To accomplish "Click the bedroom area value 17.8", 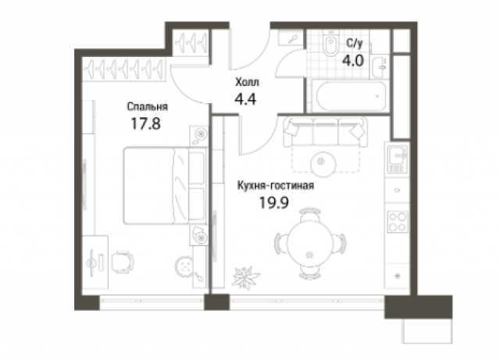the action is click(x=145, y=123).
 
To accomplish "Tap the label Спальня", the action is click(x=148, y=106).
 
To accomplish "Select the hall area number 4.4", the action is click(x=245, y=99).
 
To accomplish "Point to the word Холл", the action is click(x=247, y=82).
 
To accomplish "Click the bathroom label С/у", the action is click(x=355, y=44).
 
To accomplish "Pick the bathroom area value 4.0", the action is click(x=353, y=60).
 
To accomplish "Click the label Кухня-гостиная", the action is click(x=276, y=185).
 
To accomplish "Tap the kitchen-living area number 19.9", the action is click(x=274, y=202).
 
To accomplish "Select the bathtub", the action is click(x=351, y=96).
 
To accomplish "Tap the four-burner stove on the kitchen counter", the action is click(x=398, y=222).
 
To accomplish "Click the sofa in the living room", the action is click(x=325, y=132).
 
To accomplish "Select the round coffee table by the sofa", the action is click(x=323, y=162).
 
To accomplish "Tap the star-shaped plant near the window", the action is click(x=245, y=277).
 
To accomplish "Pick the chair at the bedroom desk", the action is click(x=123, y=262).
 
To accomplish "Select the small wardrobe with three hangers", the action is click(x=191, y=42).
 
